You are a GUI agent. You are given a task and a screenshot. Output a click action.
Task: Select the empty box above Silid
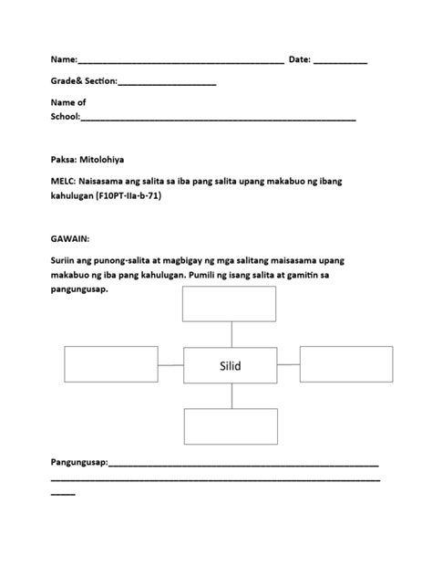coord(223,304)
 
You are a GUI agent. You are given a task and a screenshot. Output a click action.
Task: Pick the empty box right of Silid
coord(340,364)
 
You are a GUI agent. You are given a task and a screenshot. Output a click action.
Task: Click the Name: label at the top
coord(64,59)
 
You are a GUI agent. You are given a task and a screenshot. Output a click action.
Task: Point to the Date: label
coord(300,59)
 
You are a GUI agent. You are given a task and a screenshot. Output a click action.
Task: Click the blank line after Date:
coord(341,61)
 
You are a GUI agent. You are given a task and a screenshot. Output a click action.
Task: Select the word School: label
coord(66,117)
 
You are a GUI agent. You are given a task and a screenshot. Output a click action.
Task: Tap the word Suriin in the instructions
coord(66,260)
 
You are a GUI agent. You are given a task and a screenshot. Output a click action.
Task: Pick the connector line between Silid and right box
coord(286,365)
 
